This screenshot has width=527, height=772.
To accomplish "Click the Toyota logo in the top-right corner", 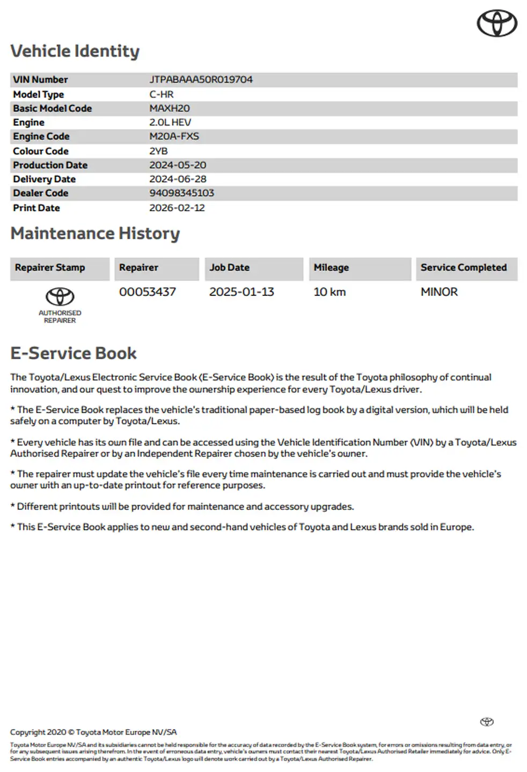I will (497, 24).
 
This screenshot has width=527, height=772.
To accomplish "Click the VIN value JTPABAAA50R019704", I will (201, 80).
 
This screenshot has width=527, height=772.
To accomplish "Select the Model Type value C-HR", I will (161, 94).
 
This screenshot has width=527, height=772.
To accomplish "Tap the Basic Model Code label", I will (52, 108).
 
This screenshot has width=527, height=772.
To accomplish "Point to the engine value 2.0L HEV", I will (170, 123).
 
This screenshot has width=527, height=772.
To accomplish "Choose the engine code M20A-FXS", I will (174, 137).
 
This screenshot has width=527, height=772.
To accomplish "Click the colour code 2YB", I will (158, 151).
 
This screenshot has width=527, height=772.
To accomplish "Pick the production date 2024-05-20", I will (178, 165).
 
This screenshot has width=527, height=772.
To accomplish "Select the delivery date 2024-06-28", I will (178, 179).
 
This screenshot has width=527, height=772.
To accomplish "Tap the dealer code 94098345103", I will (181, 193).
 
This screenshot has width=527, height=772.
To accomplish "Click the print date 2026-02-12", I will (177, 208).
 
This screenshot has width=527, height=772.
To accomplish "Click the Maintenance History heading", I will (95, 234).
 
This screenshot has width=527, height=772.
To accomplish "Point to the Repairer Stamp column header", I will (50, 268).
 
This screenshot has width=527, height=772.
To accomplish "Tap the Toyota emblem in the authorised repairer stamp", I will (60, 296).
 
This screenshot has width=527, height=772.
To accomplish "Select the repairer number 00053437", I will (147, 292).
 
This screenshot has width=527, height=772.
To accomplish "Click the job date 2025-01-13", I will (241, 292).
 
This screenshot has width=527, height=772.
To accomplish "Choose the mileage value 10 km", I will (330, 292).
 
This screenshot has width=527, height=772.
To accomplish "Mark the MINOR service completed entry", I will (439, 292).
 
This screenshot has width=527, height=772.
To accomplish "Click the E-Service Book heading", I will (74, 353).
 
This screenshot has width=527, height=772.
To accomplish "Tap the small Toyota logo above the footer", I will (487, 722).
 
